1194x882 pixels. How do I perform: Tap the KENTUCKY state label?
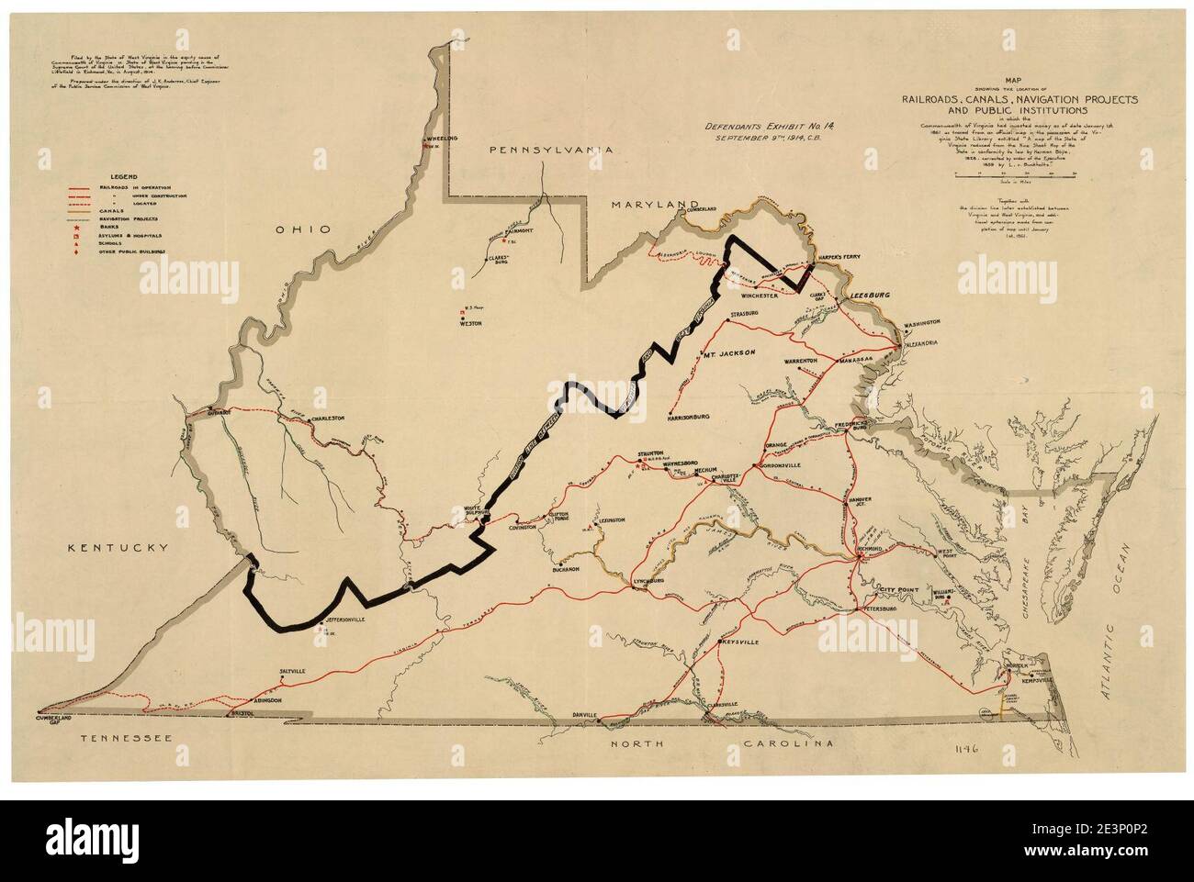point(117,548)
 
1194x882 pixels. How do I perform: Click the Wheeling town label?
point(441,139)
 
